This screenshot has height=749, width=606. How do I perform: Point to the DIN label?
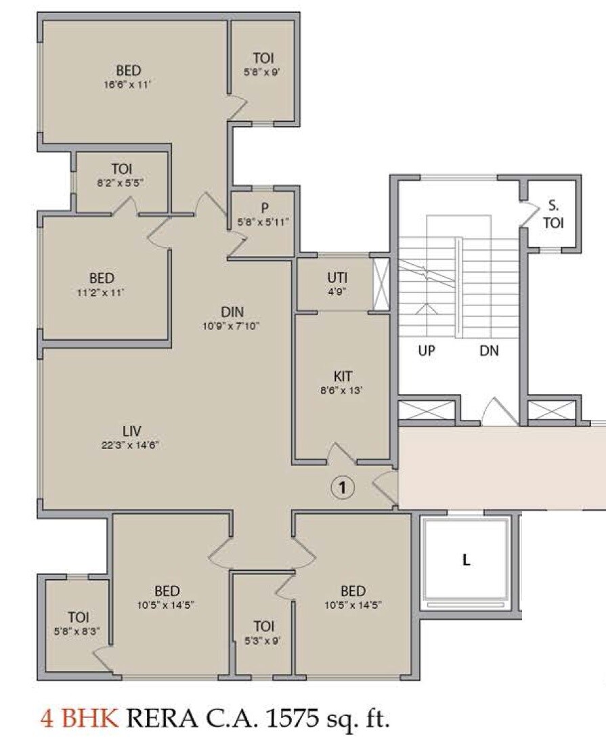click(x=232, y=312)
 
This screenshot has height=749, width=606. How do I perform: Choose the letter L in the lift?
click(x=466, y=560)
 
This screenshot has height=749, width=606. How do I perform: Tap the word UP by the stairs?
click(x=427, y=351)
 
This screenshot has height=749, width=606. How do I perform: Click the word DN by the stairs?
click(x=489, y=351)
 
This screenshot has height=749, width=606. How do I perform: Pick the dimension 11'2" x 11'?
click(x=102, y=292)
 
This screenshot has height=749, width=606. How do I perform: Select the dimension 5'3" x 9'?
click(x=263, y=639)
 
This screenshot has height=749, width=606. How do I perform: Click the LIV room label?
click(x=131, y=431)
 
